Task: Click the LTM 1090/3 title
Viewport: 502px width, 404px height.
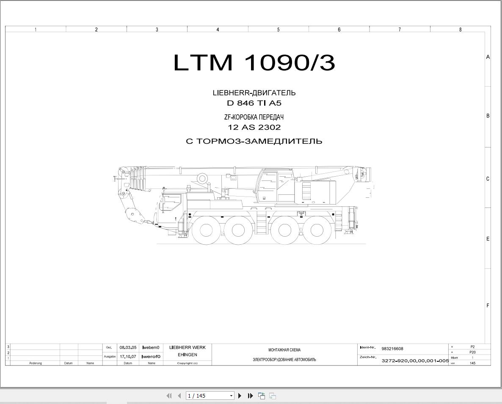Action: pos(254,62)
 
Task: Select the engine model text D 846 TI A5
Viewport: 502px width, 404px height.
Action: pos(254,103)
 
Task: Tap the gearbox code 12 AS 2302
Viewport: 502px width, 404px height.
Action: pos(254,127)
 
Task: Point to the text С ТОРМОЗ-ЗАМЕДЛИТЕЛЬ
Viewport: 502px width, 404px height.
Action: pos(254,141)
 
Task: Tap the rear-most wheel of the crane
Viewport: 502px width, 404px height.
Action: pos(317,230)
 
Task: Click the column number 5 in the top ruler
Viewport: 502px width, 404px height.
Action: pos(278,30)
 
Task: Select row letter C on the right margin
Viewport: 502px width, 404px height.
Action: pos(488,179)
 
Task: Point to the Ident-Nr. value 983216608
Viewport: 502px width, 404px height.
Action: pos(392,349)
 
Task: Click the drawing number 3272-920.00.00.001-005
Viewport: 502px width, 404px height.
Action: pos(415,360)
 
